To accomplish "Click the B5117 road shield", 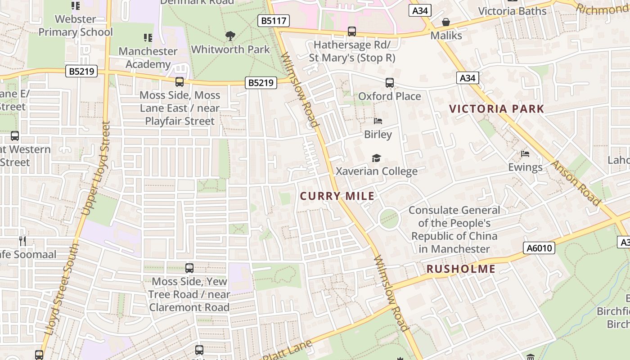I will (x=274, y=20).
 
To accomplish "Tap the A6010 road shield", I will (x=539, y=248).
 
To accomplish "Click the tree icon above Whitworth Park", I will (x=230, y=36).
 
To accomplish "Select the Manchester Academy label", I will (x=148, y=58).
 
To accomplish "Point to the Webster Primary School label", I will (x=76, y=26).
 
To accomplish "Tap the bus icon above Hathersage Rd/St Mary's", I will (x=352, y=31).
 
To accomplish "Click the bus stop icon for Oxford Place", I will (x=390, y=83).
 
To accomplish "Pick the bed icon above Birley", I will (x=378, y=121).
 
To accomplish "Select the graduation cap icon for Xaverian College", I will (x=376, y=158).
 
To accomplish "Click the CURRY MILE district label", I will (x=337, y=196).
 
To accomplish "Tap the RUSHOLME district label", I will (x=461, y=269).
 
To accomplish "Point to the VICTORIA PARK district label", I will (x=497, y=108).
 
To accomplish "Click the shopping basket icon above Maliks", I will (x=446, y=22).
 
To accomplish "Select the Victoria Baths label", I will (x=512, y=11).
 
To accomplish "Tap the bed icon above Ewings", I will (x=525, y=154).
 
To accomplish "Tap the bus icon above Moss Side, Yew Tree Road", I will (x=189, y=268).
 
